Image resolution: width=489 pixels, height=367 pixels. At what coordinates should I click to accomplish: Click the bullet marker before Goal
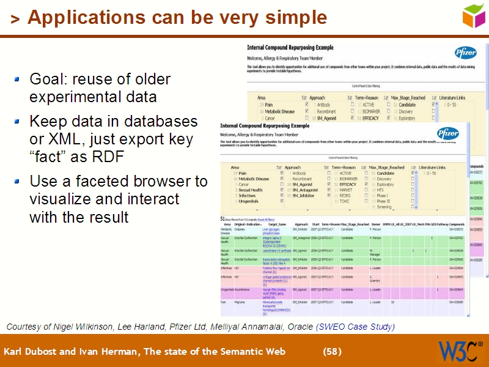[x=17, y=79]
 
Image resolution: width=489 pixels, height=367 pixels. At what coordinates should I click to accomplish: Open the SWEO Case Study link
[x=355, y=327]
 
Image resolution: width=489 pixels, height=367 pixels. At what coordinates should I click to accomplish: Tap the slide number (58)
[x=332, y=352]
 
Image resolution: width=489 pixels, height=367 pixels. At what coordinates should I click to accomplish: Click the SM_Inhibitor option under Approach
[x=303, y=196]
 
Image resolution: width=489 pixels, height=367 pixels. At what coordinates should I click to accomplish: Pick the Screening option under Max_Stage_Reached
[x=384, y=207]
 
